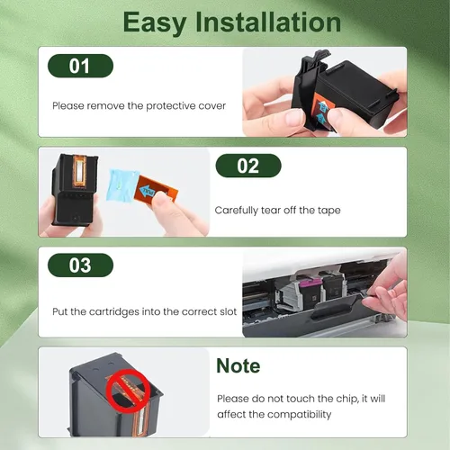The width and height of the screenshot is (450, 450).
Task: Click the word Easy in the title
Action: point(155,22)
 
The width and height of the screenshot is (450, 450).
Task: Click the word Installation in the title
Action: point(268,22)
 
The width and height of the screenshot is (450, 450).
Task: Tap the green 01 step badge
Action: point(80,66)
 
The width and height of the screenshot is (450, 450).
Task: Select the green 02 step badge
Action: point(248,166)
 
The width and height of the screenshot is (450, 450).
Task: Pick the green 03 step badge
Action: point(80,265)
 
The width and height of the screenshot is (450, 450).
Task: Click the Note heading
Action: point(238,365)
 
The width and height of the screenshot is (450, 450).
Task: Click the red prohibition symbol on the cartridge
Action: point(128,391)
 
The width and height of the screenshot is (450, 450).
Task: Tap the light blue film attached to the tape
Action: point(122,185)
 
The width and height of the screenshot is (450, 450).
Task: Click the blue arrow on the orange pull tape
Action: point(148,191)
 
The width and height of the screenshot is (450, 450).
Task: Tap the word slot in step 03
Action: point(229,311)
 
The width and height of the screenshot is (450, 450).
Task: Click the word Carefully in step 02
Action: point(237,211)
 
